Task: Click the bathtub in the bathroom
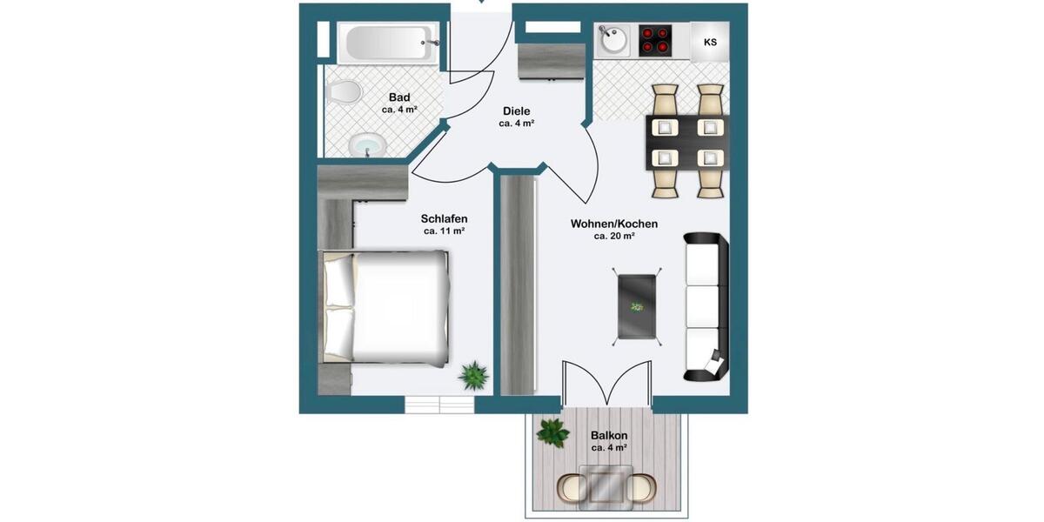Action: pyautogui.click(x=388, y=41)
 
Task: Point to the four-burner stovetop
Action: pyautogui.click(x=656, y=40)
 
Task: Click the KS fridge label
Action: pyautogui.click(x=710, y=42)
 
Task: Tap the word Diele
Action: pyautogui.click(x=516, y=110)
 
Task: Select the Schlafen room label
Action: pyautogui.click(x=444, y=218)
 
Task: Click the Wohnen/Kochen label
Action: pyautogui.click(x=613, y=224)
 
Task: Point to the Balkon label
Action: pyautogui.click(x=609, y=435)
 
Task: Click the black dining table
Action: pyautogui.click(x=687, y=143)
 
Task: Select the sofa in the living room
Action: pyautogui.click(x=706, y=306)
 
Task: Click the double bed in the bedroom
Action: pyautogui.click(x=384, y=306)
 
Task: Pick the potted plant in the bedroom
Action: pyautogui.click(x=473, y=375)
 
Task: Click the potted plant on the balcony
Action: pyautogui.click(x=552, y=432)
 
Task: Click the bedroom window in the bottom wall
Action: pyautogui.click(x=439, y=405)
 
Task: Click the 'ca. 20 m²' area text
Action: pyautogui.click(x=613, y=236)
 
